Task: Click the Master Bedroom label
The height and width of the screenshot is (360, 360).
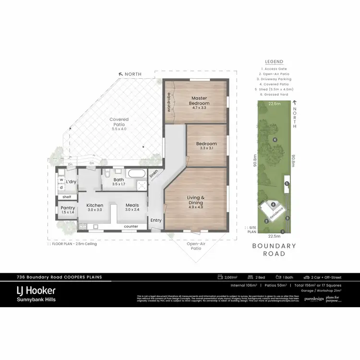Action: (x=199, y=101)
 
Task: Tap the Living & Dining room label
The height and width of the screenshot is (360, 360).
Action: (x=196, y=200)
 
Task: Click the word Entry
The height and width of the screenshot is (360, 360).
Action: (x=156, y=220)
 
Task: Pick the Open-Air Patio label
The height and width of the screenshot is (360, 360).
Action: (x=196, y=246)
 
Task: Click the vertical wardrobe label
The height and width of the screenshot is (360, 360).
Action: (x=169, y=102)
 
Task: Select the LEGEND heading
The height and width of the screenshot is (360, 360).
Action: (x=274, y=61)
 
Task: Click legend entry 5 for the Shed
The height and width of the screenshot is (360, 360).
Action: (x=274, y=89)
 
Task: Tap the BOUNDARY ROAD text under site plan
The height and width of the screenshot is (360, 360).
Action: (x=274, y=249)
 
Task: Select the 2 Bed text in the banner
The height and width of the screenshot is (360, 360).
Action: (x=258, y=277)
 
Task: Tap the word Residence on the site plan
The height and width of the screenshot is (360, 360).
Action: (x=276, y=214)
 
